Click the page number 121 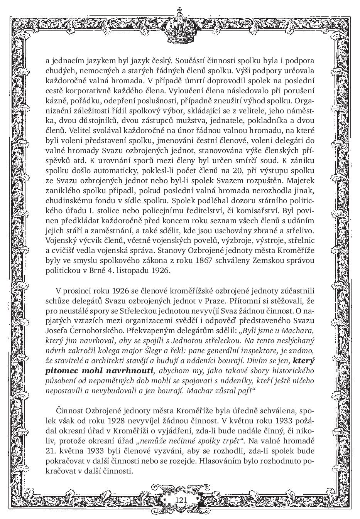pyautogui.click(x=181, y=500)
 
